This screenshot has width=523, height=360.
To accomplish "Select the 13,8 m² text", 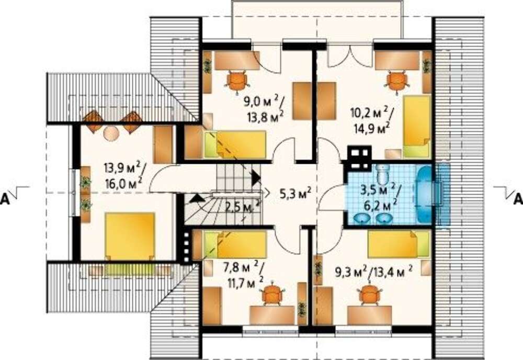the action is (266, 117).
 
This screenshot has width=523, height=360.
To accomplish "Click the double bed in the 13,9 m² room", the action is (130, 236).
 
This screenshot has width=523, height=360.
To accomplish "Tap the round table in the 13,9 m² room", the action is (111, 134).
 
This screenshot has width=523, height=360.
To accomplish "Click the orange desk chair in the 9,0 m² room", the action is (237, 81).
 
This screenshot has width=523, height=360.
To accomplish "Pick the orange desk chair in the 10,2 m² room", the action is (398, 82).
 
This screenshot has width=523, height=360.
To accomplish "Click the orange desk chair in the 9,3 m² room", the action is (370, 293).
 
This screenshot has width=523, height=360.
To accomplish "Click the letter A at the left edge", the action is (5, 199).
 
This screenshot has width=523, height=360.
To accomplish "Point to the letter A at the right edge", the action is (518, 199).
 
